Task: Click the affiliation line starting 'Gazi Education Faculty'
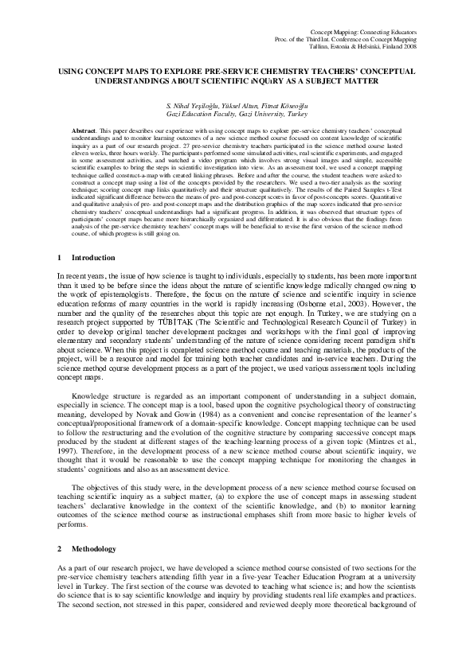pyautogui.click(x=237, y=114)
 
